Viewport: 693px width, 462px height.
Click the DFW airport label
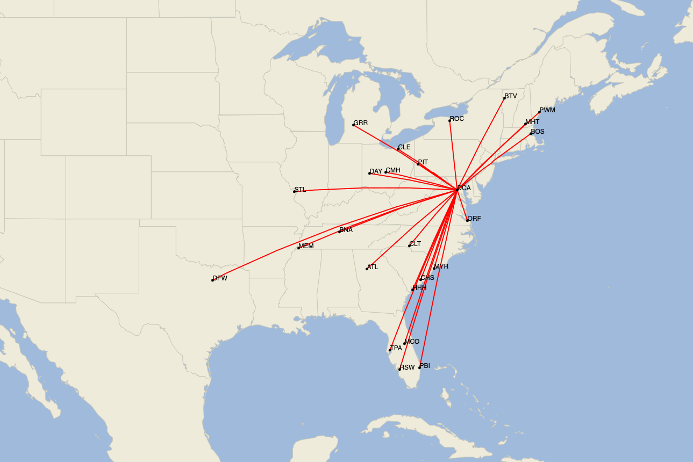pos(220,278)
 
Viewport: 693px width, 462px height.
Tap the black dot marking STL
pos(295,191)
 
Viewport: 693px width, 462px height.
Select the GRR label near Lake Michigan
pos(361,123)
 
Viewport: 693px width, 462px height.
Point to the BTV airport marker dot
pos(504,98)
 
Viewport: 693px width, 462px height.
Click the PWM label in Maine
pos(547,110)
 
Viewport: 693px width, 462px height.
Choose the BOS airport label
pos(538,132)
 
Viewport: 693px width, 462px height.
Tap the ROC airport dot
pos(449,120)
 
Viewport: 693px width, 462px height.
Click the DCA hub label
pos(464,188)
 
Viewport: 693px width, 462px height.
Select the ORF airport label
pos(474,219)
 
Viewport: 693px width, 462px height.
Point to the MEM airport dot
pos(298,248)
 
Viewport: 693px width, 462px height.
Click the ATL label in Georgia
pos(373,267)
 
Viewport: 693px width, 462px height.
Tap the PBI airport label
pos(425,366)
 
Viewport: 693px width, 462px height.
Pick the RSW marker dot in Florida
pos(399,369)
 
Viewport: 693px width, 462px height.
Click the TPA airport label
pos(396,348)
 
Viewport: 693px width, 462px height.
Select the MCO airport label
pos(412,342)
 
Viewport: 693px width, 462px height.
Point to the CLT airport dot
pos(409,246)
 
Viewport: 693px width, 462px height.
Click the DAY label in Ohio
pos(376,171)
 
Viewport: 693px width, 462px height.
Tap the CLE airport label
pos(404,147)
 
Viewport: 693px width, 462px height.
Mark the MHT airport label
pos(532,122)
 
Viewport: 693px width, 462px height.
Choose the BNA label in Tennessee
pos(346,230)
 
